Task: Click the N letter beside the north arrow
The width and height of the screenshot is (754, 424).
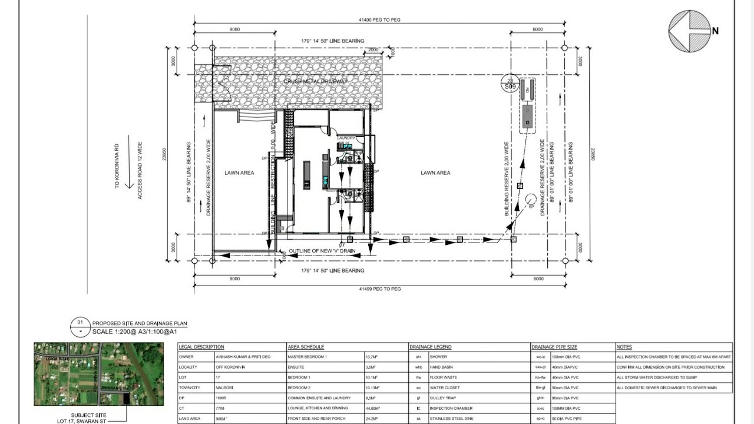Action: tap(715, 31)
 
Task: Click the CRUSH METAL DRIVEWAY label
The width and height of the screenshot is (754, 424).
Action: tap(316, 81)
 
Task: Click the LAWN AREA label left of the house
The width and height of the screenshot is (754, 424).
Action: tap(239, 173)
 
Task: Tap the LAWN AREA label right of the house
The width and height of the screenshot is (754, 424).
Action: tap(435, 173)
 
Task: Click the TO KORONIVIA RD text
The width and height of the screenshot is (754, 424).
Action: tap(117, 168)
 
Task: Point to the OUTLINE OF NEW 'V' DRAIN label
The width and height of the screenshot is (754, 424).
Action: tap(322, 251)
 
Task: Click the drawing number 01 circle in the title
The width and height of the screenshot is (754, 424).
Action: tap(80, 323)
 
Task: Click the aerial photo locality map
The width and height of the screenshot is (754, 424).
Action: tap(98, 374)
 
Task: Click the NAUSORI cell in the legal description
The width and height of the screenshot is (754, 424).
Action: tap(228, 388)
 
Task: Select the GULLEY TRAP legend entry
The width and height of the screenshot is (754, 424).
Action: tap(441, 398)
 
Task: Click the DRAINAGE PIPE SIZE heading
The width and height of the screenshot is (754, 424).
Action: tap(554, 347)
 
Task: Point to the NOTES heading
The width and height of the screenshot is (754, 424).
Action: tap(624, 347)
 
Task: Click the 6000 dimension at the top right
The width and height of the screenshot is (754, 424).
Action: tap(537, 29)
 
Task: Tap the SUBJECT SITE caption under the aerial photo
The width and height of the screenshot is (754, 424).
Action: tap(89, 415)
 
